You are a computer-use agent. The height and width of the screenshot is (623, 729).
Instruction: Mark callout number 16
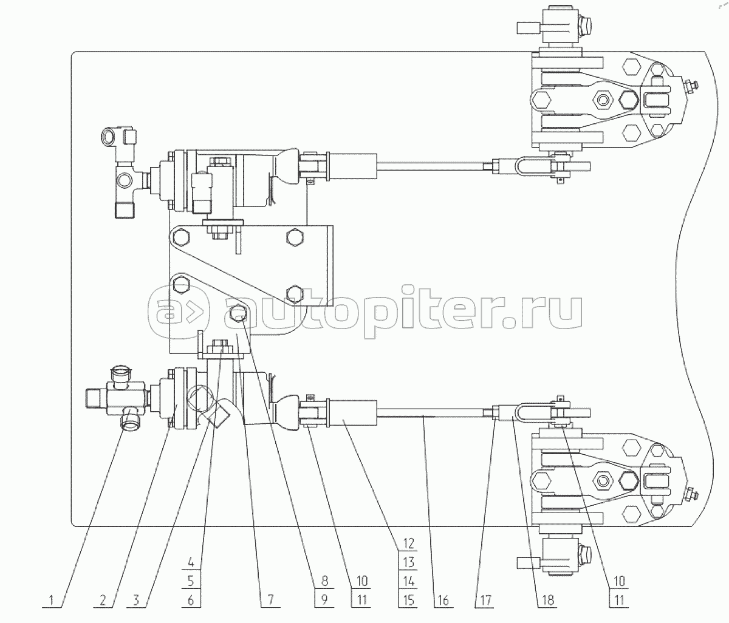(443, 600)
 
